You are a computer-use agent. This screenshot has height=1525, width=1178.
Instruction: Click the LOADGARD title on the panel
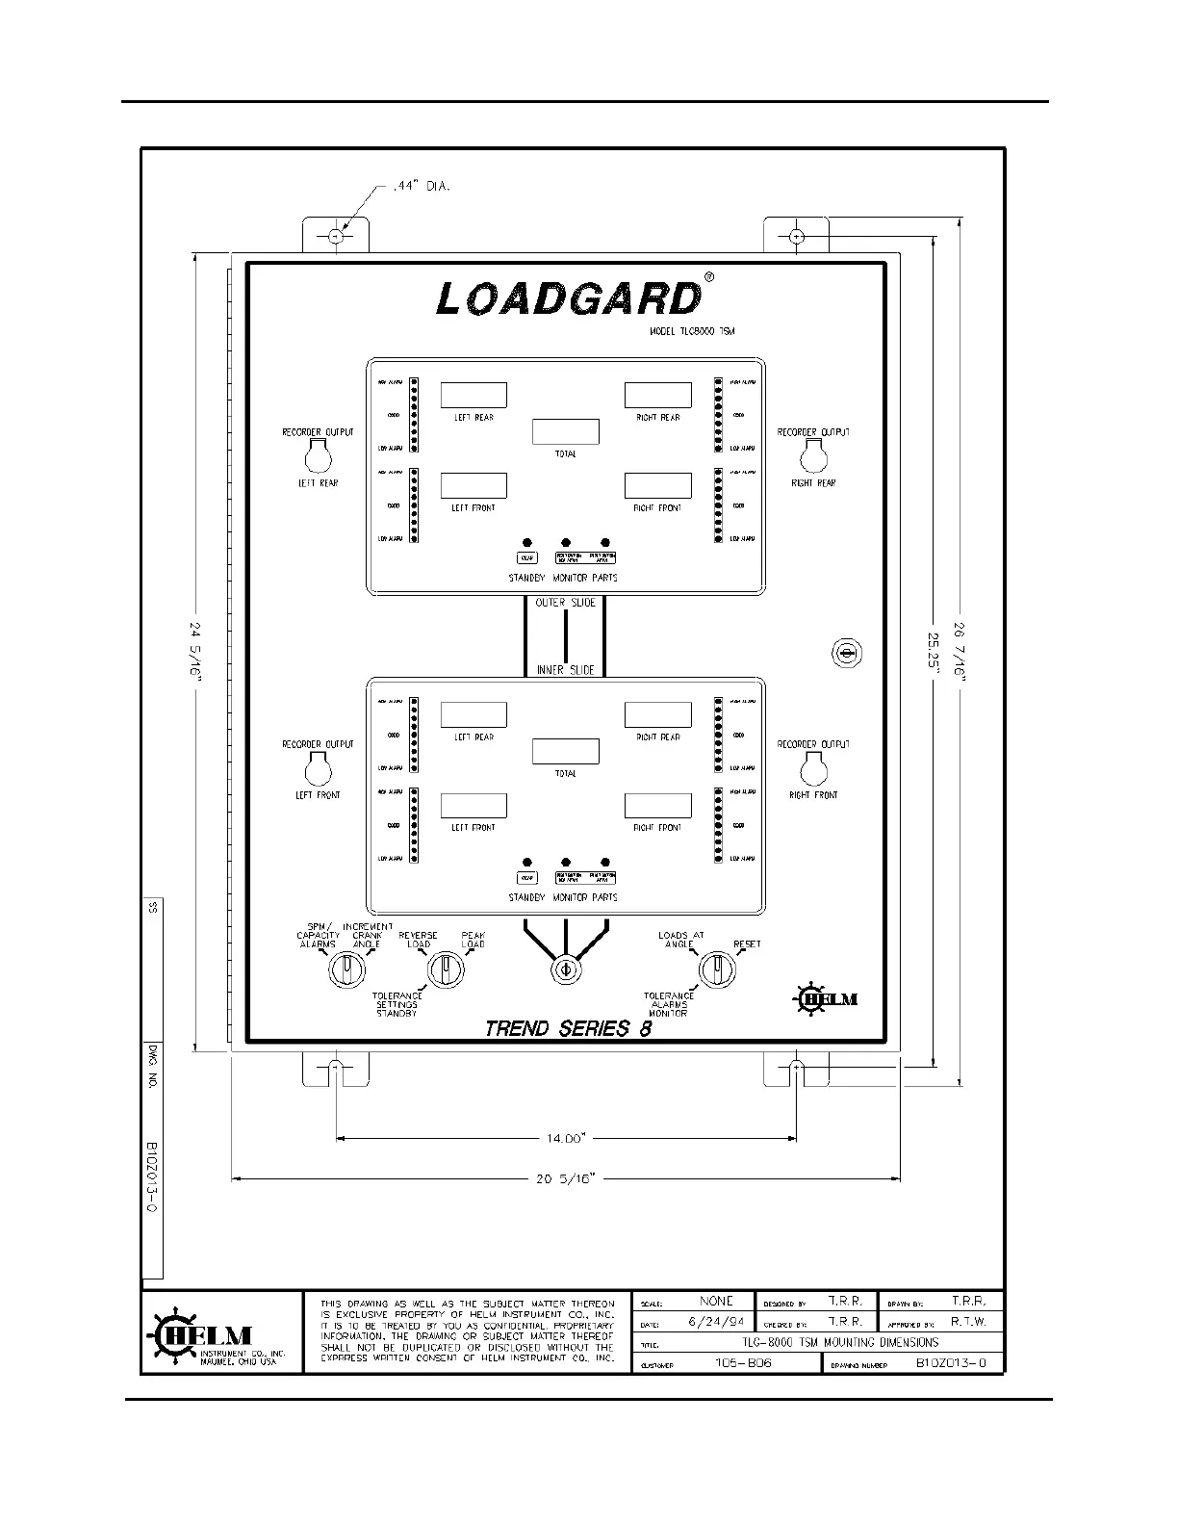[568, 298]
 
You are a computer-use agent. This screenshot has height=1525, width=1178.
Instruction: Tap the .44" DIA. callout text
[421, 186]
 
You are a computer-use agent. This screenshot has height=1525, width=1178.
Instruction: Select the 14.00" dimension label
[566, 1138]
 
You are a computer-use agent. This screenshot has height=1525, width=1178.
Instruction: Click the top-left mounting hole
[335, 236]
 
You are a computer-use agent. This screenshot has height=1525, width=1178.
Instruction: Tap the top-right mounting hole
[796, 236]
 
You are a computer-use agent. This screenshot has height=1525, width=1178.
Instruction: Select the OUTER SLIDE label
[565, 603]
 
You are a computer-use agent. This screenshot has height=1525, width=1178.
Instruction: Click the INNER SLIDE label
[565, 669]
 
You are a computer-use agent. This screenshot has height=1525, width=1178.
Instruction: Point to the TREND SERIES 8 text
[568, 1028]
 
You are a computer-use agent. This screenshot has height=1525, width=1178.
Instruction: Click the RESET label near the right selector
[747, 944]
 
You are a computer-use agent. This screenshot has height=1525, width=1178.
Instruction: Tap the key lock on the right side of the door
[846, 654]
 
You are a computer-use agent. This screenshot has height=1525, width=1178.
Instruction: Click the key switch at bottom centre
[565, 969]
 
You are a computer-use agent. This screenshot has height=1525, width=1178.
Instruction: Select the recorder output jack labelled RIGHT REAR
[813, 456]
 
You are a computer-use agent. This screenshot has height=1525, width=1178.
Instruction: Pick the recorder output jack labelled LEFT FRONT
[318, 769]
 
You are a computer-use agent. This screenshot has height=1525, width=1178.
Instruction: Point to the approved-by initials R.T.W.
[968, 1322]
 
